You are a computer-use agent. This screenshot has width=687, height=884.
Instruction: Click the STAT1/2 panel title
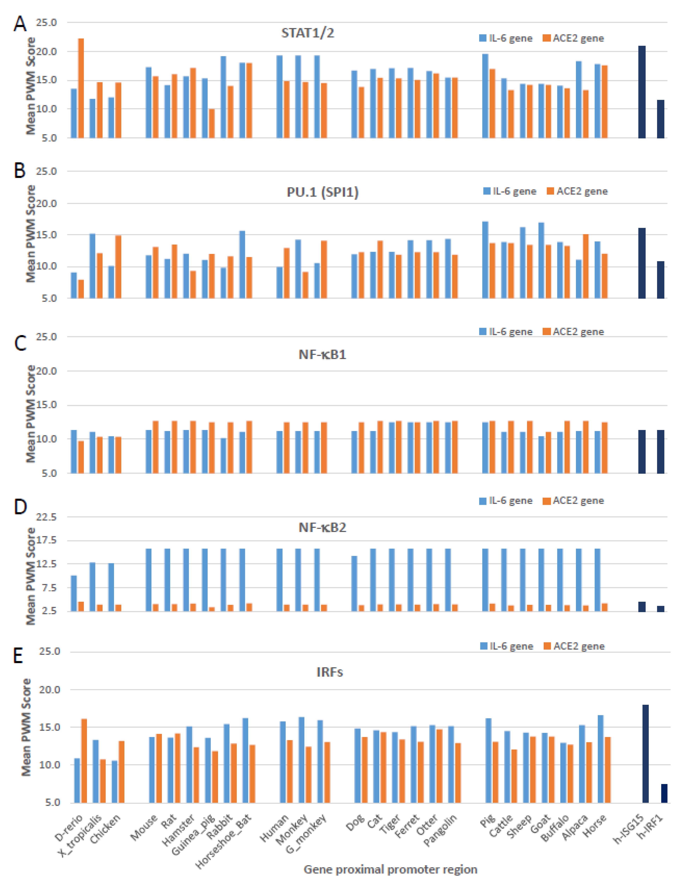[x=308, y=33]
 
